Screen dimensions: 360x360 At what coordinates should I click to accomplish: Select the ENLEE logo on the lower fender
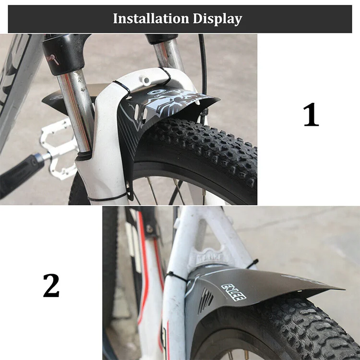click(233, 292)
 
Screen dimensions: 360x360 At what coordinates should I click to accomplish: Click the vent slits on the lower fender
click(205, 300)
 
